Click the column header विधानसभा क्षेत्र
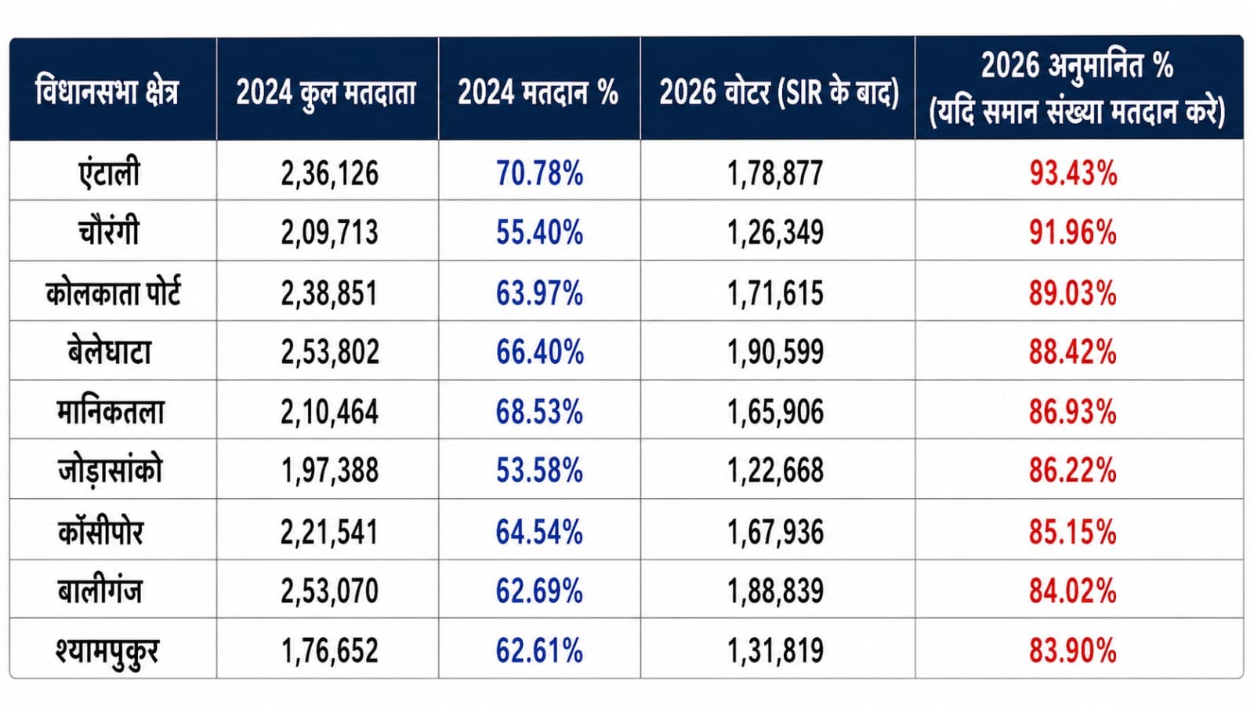tap(107, 91)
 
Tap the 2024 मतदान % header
tap(538, 92)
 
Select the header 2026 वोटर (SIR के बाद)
tap(778, 92)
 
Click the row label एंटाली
tap(109, 173)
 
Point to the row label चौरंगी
tap(109, 231)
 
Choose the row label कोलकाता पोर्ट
tap(113, 293)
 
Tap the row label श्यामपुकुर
tap(107, 651)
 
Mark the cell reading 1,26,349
tap(775, 232)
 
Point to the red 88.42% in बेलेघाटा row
tap(1073, 352)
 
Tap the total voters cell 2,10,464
tap(329, 412)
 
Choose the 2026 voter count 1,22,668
tap(775, 471)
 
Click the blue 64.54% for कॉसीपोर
tap(539, 532)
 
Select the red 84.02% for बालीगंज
tap(1073, 591)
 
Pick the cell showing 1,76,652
tap(329, 651)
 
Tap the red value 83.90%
tap(1073, 651)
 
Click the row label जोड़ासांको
tap(110, 471)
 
